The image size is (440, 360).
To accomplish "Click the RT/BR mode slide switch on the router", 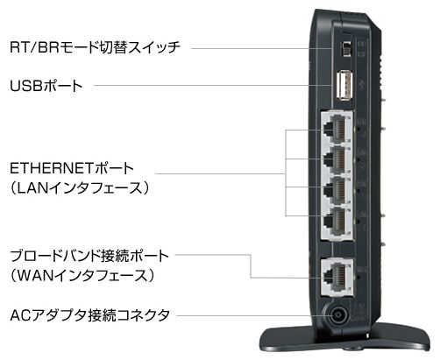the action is coord(347,48).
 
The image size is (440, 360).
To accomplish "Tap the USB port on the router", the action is coord(344,87).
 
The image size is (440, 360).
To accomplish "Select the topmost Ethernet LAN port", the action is coord(337,129).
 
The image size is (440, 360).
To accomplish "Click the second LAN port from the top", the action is coord(337,159).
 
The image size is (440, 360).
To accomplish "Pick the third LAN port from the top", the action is coord(337,190).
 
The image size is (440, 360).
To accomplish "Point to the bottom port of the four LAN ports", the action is coord(337,221).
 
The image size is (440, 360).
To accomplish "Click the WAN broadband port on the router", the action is coord(337,277).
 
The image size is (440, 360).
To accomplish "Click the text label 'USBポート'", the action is coord(46,86).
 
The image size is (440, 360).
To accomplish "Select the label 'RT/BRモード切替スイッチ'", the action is coord(95,47).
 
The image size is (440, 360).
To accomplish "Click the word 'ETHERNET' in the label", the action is coord(52,168).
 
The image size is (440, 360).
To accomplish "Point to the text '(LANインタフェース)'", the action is coord(80,188).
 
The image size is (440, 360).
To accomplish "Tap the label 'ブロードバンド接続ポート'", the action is coord(89,256).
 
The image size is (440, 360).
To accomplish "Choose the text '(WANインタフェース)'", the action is coord(82,276).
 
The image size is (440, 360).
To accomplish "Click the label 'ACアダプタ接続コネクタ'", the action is coord(89,315).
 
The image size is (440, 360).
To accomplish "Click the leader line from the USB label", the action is coord(212,86).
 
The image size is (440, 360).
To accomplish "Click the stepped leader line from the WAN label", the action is coord(251,265).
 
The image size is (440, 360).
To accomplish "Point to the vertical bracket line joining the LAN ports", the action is coord(286,173).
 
